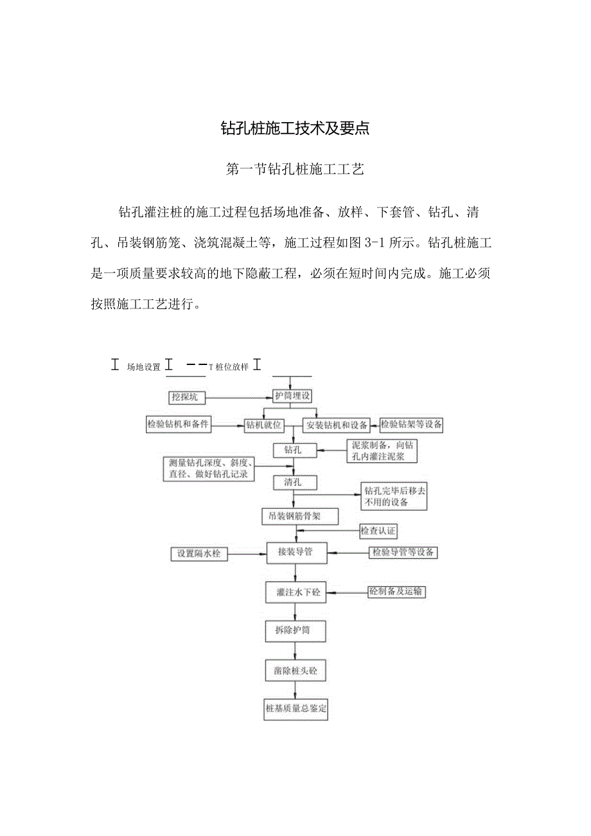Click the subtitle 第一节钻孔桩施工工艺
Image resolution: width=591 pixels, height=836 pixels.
tap(295, 170)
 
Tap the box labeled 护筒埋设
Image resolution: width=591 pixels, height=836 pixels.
tap(292, 396)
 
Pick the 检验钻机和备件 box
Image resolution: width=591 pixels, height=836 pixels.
tap(178, 424)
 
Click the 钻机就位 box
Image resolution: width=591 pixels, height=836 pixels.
tap(263, 425)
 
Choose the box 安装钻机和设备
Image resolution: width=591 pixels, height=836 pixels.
tap(337, 425)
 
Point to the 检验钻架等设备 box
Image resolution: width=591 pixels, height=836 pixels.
tap(412, 424)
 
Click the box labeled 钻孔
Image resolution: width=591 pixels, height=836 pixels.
tap(292, 450)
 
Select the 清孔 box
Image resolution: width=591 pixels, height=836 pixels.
tap(292, 481)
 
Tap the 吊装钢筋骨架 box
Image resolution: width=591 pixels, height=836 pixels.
tap(300, 516)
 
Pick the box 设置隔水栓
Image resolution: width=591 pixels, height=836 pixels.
tap(198, 553)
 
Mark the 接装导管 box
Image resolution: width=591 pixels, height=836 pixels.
tap(295, 551)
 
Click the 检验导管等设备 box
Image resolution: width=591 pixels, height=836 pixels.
tap(403, 553)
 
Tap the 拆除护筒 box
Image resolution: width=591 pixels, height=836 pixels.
tap(293, 631)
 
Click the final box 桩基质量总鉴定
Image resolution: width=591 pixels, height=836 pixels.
tap(296, 710)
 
